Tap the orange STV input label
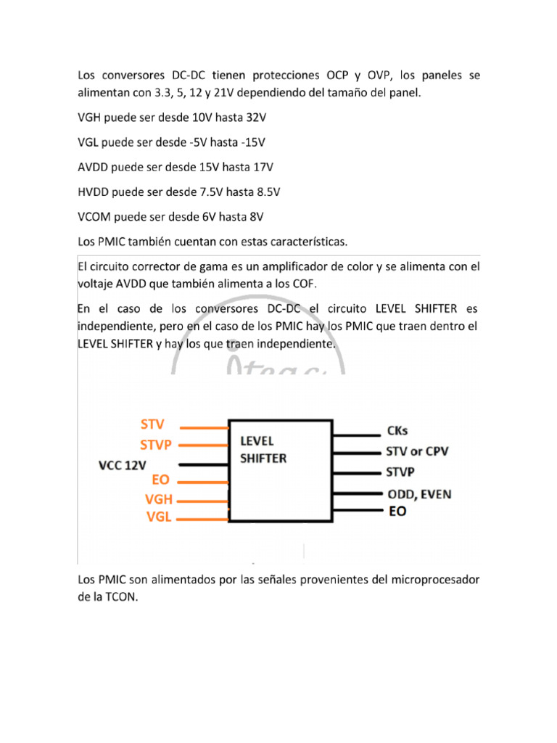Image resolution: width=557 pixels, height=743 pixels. [x=152, y=424]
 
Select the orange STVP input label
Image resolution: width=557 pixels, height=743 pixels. [x=156, y=444]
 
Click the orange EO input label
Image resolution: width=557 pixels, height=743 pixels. [x=160, y=480]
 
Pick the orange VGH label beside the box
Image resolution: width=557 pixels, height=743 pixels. [x=159, y=499]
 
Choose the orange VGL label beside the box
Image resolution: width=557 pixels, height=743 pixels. [x=159, y=517]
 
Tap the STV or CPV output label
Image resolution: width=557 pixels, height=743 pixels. [x=416, y=451]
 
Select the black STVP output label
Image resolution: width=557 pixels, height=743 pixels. [x=400, y=472]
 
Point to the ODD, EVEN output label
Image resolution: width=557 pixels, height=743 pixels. [x=418, y=494]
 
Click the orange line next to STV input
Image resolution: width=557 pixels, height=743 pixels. [x=203, y=427]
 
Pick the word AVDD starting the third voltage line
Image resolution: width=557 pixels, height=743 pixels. [x=93, y=167]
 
